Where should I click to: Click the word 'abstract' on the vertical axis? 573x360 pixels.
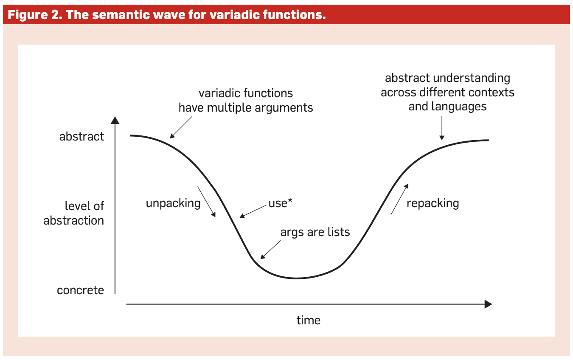(x=81, y=137)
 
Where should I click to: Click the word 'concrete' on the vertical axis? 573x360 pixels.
(x=80, y=290)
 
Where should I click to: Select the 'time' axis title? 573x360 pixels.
(x=308, y=320)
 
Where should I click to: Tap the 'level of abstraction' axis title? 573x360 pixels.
(x=74, y=214)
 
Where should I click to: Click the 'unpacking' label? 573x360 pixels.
(x=173, y=203)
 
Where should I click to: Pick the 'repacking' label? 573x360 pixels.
(x=433, y=203)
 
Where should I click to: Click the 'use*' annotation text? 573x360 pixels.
(x=281, y=203)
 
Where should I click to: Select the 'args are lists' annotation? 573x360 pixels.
(x=315, y=232)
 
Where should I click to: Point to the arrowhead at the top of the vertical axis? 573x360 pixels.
(x=115, y=119)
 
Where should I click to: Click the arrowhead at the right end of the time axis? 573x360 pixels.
(x=488, y=304)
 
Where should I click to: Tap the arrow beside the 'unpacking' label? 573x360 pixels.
(x=206, y=201)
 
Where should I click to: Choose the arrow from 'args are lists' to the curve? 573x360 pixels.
(x=270, y=250)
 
